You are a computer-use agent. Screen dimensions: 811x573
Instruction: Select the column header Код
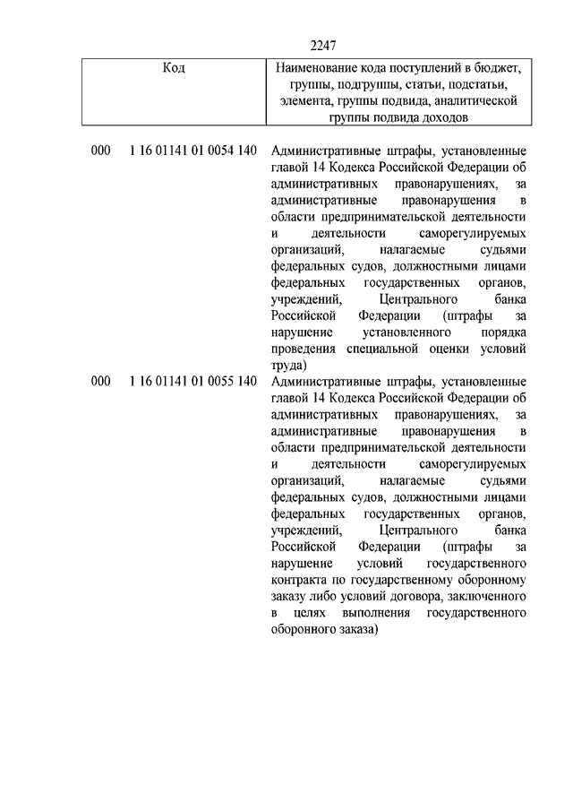174,68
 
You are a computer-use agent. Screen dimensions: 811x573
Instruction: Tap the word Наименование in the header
321,68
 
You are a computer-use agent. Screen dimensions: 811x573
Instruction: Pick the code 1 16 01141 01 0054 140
192,151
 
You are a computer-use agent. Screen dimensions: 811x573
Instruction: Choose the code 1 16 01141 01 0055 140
192,383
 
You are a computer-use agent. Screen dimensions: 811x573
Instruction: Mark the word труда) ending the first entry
288,366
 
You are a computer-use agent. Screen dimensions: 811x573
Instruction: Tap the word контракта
295,582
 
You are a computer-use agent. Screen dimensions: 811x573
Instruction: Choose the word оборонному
484,582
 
